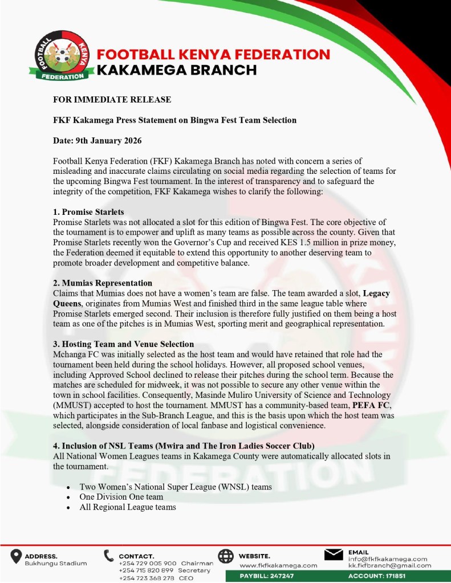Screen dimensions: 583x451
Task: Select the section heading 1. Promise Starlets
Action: pyautogui.click(x=88, y=211)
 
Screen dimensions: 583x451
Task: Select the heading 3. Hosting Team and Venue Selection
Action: pyautogui.click(x=124, y=344)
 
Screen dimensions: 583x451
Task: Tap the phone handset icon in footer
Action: pyautogui.click(x=109, y=557)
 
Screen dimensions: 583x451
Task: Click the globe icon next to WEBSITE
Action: pyautogui.click(x=226, y=557)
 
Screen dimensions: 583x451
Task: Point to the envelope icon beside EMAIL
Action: pyautogui.click(x=333, y=555)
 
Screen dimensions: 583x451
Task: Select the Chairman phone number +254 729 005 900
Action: pyautogui.click(x=148, y=563)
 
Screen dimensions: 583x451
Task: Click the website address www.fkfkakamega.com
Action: pyautogui.click(x=278, y=565)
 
